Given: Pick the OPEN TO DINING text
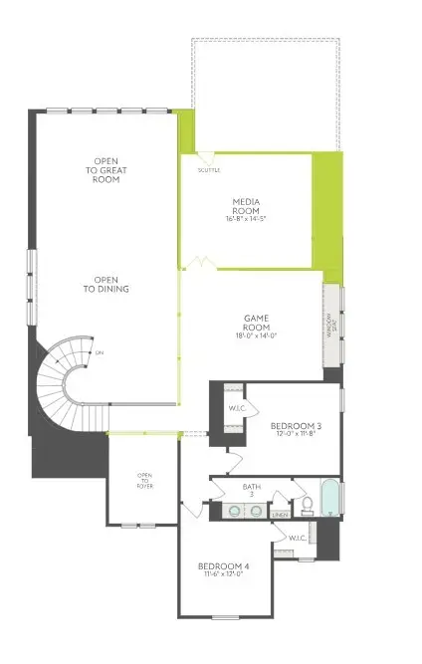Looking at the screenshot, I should tap(113, 284).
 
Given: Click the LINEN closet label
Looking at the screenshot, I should tap(280, 514).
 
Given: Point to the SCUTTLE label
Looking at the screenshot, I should tap(208, 170).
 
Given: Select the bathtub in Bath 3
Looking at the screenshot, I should tap(331, 499).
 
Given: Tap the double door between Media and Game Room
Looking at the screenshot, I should tap(202, 264).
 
